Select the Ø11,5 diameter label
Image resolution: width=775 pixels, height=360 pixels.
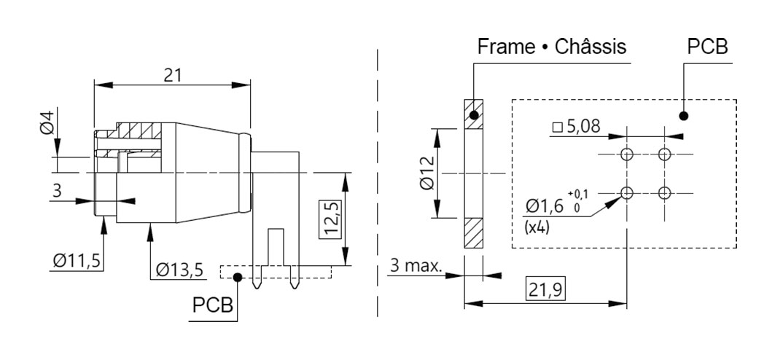pos(77,259)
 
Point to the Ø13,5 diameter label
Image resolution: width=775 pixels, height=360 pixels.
pos(179,270)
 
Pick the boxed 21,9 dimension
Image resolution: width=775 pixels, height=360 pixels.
pos(545,290)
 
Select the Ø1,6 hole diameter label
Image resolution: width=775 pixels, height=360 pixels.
pos(544,206)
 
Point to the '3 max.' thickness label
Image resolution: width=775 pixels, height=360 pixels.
pos(416,266)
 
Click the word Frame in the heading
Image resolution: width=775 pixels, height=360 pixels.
pos(506,47)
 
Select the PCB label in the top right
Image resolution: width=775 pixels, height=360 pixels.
pos(707,47)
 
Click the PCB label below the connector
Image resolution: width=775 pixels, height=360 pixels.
pos(213,305)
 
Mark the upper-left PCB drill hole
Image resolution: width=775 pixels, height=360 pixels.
pos(627,154)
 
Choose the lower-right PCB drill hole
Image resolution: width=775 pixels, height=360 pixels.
pos(665,192)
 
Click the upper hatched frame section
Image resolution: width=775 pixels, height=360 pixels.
pos(473,114)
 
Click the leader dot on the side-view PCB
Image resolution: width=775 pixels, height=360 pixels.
pos(238,277)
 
